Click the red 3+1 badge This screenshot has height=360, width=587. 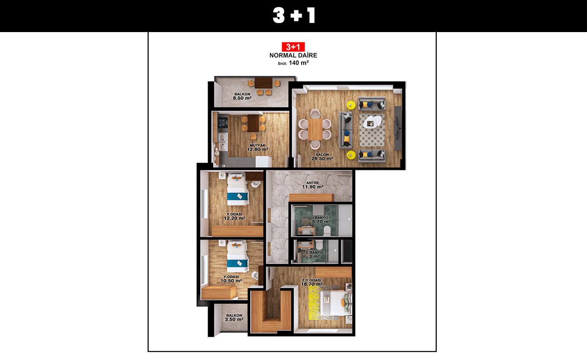293,47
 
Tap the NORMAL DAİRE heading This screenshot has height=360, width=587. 293,55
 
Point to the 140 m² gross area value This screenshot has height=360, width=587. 299,63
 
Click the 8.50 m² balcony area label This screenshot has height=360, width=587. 242,96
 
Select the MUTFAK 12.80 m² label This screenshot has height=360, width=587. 257,147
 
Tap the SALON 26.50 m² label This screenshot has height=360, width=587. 322,157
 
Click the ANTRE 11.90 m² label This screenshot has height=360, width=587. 312,185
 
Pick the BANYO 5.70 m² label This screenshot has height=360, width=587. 321,220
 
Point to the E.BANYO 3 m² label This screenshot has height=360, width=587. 314,254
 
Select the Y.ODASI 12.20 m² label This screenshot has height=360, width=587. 234,216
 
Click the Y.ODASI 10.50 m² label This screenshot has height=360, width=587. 231,279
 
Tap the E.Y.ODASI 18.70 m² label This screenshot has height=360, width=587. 312,282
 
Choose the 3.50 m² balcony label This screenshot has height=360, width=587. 234,317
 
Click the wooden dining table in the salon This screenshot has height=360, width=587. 315,130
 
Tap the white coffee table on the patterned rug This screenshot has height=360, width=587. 372,121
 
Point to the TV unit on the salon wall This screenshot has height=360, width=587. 398,128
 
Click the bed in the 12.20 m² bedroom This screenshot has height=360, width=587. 238,189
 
